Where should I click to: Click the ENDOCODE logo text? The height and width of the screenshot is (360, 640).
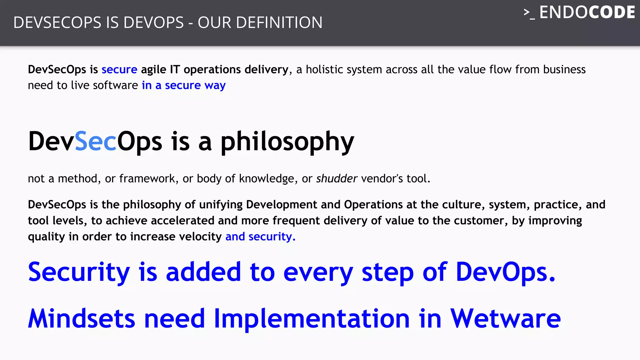point(587,12)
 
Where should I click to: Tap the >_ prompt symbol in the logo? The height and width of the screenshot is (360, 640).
point(529,14)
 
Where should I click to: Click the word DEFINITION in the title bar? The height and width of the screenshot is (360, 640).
point(279,22)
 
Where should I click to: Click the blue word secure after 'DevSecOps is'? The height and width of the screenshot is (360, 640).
point(119,69)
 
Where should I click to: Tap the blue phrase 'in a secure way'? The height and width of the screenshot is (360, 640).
point(183,85)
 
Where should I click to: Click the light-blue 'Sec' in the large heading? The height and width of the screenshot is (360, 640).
point(95,141)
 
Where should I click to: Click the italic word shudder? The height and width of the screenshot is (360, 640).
point(337,178)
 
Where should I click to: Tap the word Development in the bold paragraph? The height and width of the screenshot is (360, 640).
point(282,204)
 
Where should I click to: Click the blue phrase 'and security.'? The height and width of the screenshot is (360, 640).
point(260,237)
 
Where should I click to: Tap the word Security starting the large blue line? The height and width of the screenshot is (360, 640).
point(79,272)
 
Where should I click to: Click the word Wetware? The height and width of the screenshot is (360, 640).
point(505,318)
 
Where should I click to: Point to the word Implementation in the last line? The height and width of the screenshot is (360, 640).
point(312,318)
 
